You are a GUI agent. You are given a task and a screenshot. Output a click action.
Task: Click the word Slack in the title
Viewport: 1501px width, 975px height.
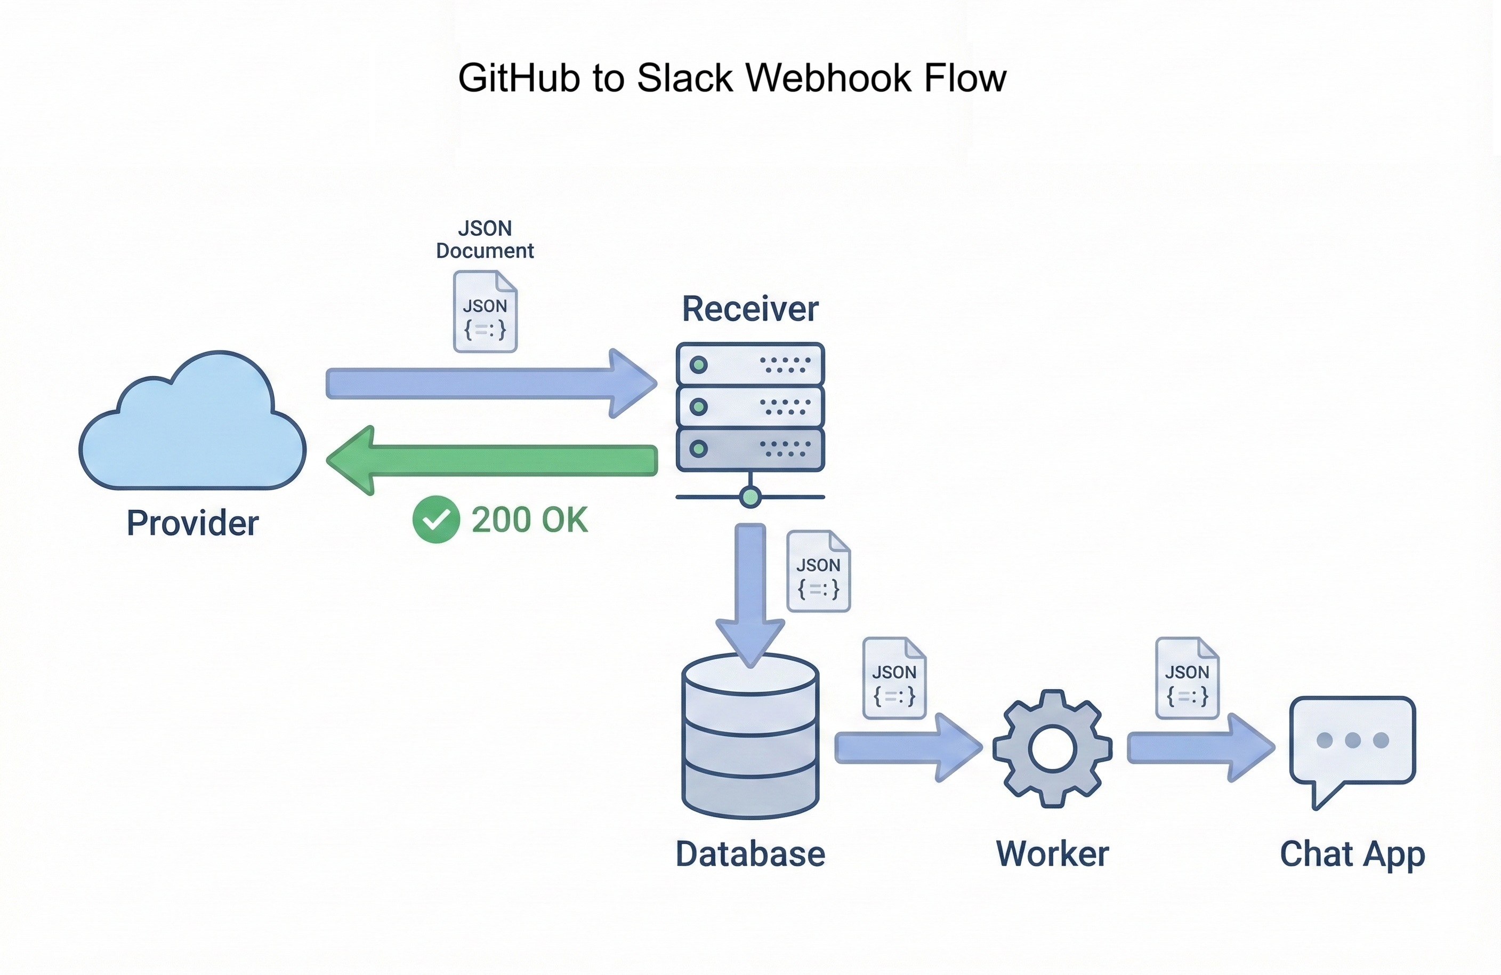click(x=685, y=78)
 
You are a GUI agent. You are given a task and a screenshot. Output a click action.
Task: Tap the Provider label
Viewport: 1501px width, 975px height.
click(x=192, y=523)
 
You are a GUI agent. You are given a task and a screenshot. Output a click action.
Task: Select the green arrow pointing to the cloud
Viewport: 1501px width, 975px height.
click(x=492, y=460)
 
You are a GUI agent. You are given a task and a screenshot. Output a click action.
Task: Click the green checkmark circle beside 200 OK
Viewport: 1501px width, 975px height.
click(x=436, y=520)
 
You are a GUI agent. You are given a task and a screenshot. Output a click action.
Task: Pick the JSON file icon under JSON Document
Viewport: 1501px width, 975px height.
click(x=485, y=311)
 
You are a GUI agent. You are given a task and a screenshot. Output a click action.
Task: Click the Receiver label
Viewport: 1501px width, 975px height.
click(x=750, y=309)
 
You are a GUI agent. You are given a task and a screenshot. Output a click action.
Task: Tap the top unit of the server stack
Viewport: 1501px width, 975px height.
click(x=750, y=364)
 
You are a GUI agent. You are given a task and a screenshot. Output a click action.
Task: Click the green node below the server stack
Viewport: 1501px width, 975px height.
click(x=750, y=497)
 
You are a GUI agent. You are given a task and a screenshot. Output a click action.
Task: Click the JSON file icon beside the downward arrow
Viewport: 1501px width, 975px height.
click(x=818, y=571)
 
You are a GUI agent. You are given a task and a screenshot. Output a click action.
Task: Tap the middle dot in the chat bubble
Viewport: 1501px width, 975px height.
click(x=1352, y=740)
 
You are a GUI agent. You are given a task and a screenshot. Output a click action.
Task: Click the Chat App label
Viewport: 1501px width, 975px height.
click(x=1352, y=854)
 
